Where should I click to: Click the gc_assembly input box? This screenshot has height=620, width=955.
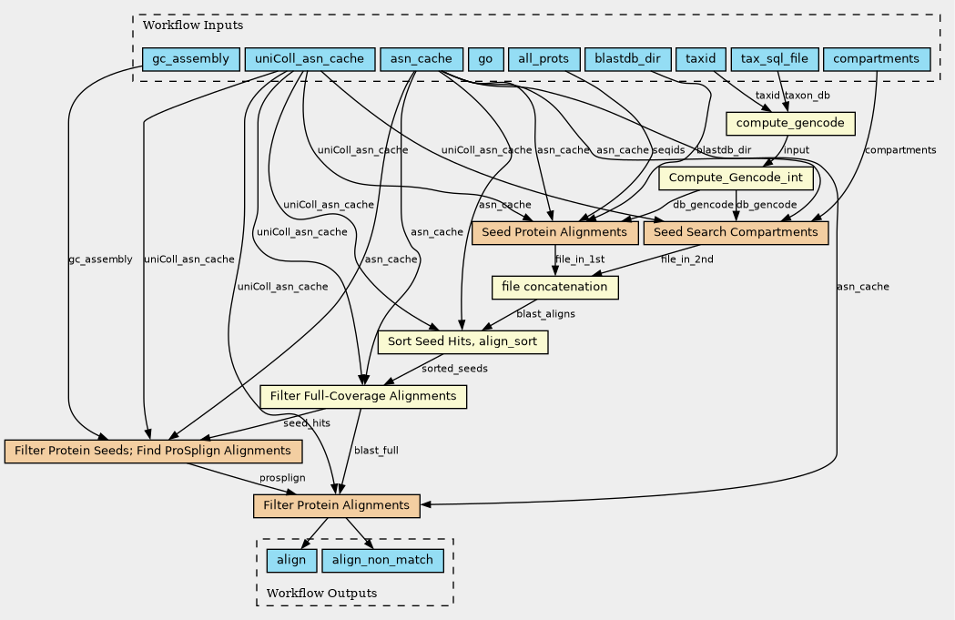[x=191, y=60]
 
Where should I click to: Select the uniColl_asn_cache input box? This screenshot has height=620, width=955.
[x=310, y=60]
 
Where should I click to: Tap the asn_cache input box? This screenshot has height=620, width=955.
[x=421, y=60]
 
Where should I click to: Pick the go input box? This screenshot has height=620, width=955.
[x=485, y=60]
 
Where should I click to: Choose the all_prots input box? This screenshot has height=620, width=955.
[x=544, y=60]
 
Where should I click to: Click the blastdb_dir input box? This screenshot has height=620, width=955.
[x=627, y=60]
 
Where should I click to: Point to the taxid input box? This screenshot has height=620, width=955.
[x=701, y=60]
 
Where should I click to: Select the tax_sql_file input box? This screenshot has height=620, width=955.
[x=774, y=60]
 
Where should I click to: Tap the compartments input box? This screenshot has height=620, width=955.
[x=876, y=60]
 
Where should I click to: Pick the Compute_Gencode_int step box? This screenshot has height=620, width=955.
[x=736, y=178]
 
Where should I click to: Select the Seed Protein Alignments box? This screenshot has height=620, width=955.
[x=555, y=232]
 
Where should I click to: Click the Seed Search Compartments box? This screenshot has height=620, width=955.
[x=736, y=232]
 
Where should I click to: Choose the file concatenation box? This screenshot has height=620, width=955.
[x=555, y=287]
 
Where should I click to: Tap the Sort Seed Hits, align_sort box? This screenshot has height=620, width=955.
[x=463, y=341]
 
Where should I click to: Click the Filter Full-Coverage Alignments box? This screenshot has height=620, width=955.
[x=363, y=396]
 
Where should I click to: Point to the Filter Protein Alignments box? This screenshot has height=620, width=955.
[x=336, y=505]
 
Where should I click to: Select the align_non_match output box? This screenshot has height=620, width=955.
[x=382, y=560]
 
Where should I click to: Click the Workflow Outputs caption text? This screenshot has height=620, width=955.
[x=322, y=594]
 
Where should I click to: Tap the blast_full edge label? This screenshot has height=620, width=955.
[x=376, y=451]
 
